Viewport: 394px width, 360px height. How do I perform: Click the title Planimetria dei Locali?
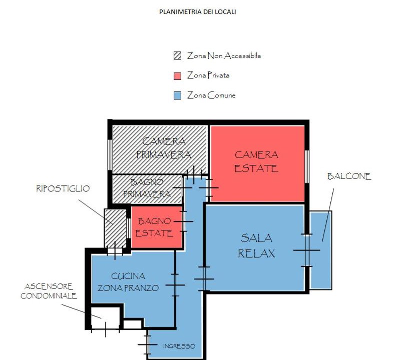pyautogui.click(x=198, y=12)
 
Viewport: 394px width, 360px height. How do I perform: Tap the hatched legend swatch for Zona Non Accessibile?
pyautogui.click(x=177, y=55)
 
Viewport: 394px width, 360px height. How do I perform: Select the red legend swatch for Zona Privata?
pyautogui.click(x=177, y=76)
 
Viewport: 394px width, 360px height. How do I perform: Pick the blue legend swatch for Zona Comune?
pyautogui.click(x=177, y=95)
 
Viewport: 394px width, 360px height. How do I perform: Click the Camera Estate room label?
pyautogui.click(x=256, y=161)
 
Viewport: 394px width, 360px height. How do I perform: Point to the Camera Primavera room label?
pyautogui.click(x=164, y=148)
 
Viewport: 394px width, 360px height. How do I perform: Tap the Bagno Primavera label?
pyautogui.click(x=147, y=188)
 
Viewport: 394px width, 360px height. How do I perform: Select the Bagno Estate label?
pyautogui.click(x=154, y=227)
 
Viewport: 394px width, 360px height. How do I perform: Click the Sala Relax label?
pyautogui.click(x=256, y=245)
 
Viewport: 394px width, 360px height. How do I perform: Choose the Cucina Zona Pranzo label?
pyautogui.click(x=128, y=282)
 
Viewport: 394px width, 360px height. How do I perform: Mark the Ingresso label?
pyautogui.click(x=179, y=346)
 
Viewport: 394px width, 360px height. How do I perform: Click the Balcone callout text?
pyautogui.click(x=349, y=176)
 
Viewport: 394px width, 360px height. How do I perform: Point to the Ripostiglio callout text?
pyautogui.click(x=63, y=188)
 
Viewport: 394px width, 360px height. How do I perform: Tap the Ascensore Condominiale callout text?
pyautogui.click(x=49, y=291)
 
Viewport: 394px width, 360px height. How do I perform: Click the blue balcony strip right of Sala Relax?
pyautogui.click(x=320, y=250)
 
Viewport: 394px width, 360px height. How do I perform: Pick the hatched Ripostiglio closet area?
pyautogui.click(x=115, y=228)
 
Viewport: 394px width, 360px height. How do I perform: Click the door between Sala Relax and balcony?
pyautogui.click(x=306, y=250)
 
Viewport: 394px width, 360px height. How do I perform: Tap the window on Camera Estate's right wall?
pyautogui.click(x=307, y=166)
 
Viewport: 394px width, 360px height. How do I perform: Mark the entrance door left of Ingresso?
pyautogui.click(x=148, y=344)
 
